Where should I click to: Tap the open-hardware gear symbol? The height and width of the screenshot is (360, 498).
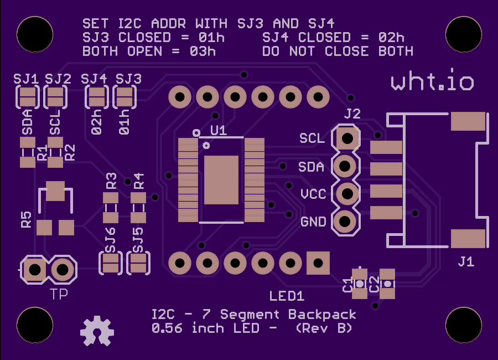pos(97,331)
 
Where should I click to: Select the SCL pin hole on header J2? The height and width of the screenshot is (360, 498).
pos(347,138)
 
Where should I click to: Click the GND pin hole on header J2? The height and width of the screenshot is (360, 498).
pos(345,222)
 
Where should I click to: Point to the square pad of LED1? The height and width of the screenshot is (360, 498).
pos(318,263)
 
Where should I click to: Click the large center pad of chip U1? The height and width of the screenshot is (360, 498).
pos(221,180)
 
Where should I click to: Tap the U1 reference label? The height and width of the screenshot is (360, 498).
pos(219,130)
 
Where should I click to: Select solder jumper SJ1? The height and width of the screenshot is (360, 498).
pos(28,97)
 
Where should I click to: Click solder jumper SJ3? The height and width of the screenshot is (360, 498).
pos(124,97)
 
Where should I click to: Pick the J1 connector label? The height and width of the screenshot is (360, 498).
pos(466,261)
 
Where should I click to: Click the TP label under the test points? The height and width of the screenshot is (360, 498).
pos(59,294)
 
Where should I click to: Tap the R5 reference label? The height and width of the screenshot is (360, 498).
pos(27,220)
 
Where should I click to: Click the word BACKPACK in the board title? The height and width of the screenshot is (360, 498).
pos(322,315)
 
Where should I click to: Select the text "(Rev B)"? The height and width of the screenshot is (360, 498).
pos(324,328)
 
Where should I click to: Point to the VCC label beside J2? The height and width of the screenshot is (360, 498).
pos(313,194)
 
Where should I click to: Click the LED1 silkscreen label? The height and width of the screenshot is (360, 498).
pos(287,296)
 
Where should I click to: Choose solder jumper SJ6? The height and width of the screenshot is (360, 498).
pos(111,263)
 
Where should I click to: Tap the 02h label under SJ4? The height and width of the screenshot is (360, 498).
pos(96,122)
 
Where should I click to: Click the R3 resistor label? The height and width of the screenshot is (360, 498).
pos(111,181)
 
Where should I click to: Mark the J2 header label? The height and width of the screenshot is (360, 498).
pos(352,114)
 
